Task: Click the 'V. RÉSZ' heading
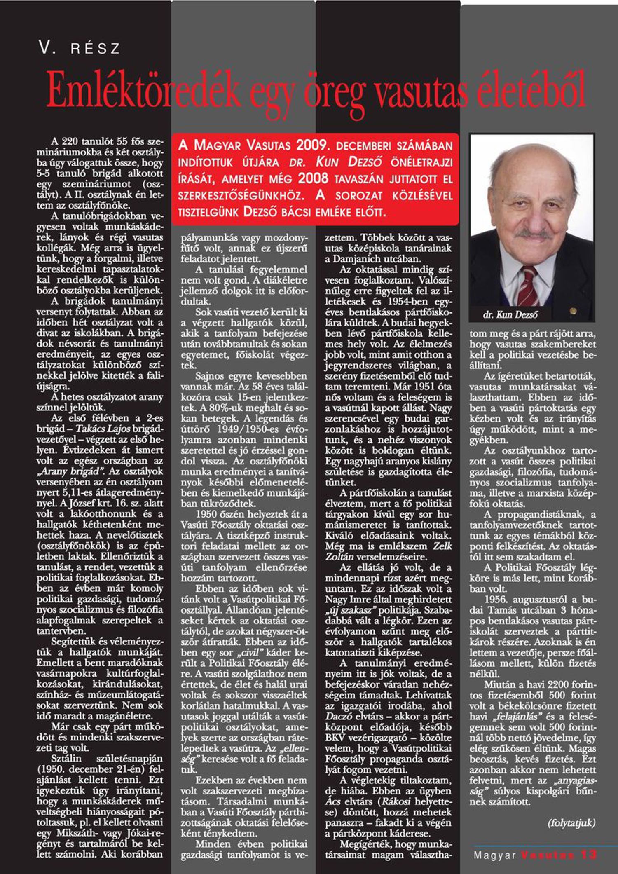coord(80,48)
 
